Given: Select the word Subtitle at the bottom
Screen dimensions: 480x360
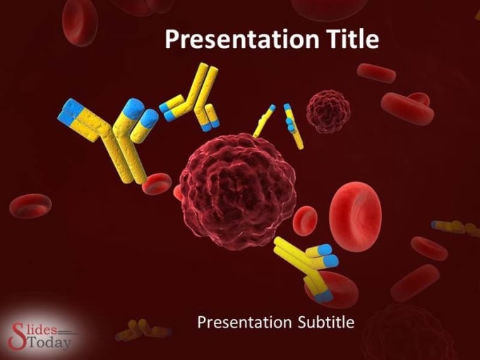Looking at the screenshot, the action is pyautogui.click(x=326, y=322).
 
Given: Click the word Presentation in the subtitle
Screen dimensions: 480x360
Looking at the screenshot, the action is pyautogui.click(x=245, y=323).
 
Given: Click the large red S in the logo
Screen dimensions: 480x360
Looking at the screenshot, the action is pyautogui.click(x=17, y=335).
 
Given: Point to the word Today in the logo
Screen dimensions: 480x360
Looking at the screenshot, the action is pyautogui.click(x=49, y=342).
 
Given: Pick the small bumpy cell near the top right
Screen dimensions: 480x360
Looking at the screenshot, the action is pyautogui.click(x=328, y=112).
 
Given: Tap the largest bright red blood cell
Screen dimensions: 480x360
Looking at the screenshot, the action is pyautogui.click(x=355, y=217).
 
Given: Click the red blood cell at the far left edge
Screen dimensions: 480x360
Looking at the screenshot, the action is pyautogui.click(x=30, y=205).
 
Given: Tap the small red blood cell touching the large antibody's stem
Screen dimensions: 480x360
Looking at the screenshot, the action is pyautogui.click(x=157, y=184).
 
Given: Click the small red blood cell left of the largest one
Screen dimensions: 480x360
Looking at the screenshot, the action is pyautogui.click(x=305, y=220).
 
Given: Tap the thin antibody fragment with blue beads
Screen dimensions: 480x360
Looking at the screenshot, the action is pyautogui.click(x=293, y=126).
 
